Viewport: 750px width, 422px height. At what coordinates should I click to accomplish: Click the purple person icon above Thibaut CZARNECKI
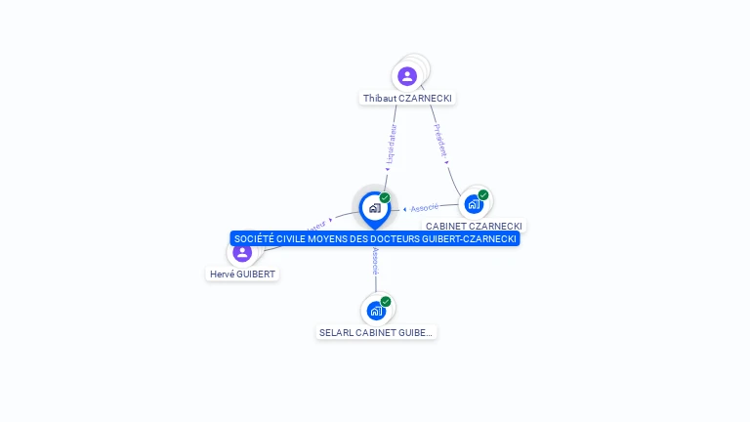pyautogui.click(x=407, y=76)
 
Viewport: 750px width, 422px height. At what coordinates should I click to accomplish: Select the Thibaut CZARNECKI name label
pyautogui.click(x=407, y=99)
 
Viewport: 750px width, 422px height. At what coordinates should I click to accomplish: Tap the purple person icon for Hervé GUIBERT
pyautogui.click(x=242, y=253)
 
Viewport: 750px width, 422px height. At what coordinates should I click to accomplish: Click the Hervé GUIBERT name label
pyautogui.click(x=242, y=274)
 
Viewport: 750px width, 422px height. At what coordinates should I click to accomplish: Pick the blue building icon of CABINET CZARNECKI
pyautogui.click(x=474, y=204)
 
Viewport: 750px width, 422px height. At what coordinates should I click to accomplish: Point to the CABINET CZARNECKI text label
pyautogui.click(x=474, y=226)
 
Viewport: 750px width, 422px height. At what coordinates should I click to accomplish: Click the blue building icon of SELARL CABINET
pyautogui.click(x=376, y=312)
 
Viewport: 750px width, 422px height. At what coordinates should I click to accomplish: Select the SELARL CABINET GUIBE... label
pyautogui.click(x=376, y=333)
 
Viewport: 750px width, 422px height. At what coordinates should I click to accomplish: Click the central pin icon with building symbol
pyautogui.click(x=374, y=208)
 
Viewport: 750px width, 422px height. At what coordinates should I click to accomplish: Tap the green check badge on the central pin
pyautogui.click(x=385, y=198)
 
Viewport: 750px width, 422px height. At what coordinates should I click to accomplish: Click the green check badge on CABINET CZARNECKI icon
pyautogui.click(x=483, y=194)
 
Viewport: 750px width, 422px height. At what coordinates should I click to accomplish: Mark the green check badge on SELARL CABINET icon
pyautogui.click(x=386, y=302)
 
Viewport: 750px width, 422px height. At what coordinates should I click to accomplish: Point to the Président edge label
pyautogui.click(x=440, y=140)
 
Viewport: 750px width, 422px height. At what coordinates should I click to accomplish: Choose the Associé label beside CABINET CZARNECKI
pyautogui.click(x=424, y=208)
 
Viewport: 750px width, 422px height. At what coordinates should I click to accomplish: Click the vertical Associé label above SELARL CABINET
pyautogui.click(x=376, y=263)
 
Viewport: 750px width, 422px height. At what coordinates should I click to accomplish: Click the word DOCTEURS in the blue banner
pyautogui.click(x=399, y=239)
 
